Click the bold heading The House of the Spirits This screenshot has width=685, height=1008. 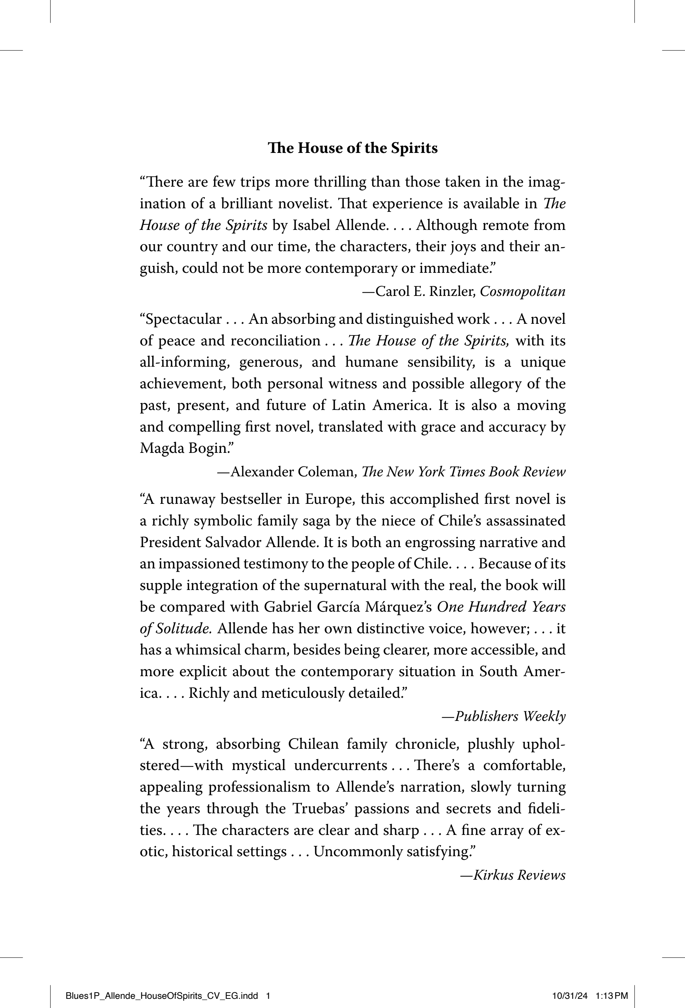click(x=353, y=149)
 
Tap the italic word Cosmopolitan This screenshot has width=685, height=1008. click(x=522, y=292)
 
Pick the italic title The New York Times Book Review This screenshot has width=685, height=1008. click(x=463, y=472)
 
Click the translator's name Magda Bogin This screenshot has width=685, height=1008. click(x=187, y=448)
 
